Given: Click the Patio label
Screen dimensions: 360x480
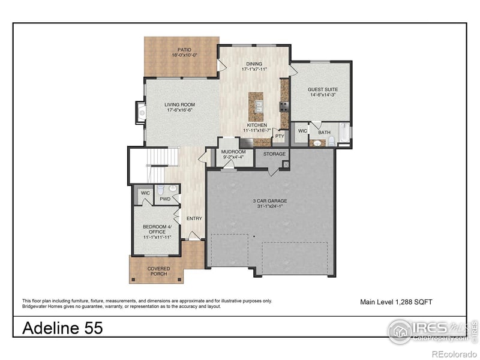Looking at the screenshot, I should [184, 50].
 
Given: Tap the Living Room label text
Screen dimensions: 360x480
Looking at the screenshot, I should [180, 105].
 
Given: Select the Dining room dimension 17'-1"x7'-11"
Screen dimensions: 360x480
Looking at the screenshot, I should [254, 69].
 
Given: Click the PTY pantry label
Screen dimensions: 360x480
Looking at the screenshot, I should [280, 136].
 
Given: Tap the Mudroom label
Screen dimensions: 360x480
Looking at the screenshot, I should [233, 152].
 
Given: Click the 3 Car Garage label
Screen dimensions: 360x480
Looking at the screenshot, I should [269, 201].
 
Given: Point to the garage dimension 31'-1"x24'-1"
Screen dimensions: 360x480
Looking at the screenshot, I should [269, 207].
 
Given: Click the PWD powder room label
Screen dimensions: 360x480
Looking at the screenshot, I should [164, 198].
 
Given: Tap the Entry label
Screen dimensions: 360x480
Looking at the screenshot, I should [194, 218].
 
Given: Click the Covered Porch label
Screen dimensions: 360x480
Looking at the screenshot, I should [158, 271].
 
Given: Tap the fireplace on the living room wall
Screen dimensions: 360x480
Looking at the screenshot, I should [141, 111].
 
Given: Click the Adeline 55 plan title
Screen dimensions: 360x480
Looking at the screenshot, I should [62, 328].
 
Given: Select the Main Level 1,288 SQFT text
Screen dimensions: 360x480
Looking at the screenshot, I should [396, 302].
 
